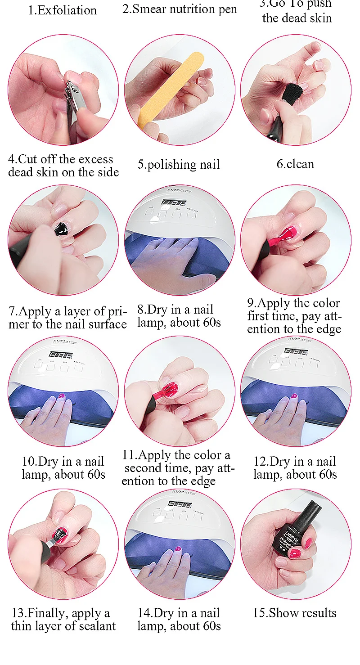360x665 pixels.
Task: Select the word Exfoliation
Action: click(67, 10)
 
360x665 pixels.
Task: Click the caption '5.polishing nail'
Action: click(179, 165)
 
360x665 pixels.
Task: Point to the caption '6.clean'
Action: click(295, 164)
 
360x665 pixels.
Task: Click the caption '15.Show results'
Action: click(295, 613)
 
